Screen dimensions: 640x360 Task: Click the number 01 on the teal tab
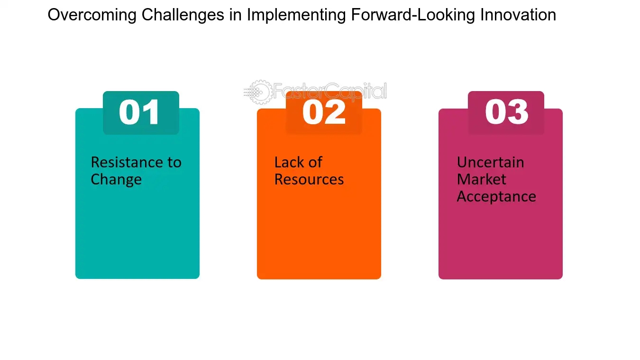139,112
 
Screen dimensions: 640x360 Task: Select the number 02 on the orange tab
324,112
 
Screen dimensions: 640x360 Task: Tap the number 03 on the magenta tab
507,112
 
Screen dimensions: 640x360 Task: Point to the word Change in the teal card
116,180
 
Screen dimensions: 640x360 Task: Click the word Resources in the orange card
309,180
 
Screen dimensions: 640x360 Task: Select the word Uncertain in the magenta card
490,162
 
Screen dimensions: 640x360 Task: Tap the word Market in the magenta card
482,179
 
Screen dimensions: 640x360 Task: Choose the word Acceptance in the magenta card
496,197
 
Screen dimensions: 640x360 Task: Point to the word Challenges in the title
183,15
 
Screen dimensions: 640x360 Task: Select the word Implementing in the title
296,15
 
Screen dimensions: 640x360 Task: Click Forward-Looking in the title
413,15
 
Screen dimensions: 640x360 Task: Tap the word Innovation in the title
518,15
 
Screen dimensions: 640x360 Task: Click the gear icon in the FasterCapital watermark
258,92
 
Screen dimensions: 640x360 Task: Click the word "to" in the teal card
174,163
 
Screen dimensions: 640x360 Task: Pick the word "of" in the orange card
315,162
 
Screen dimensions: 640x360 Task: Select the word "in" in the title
236,15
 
